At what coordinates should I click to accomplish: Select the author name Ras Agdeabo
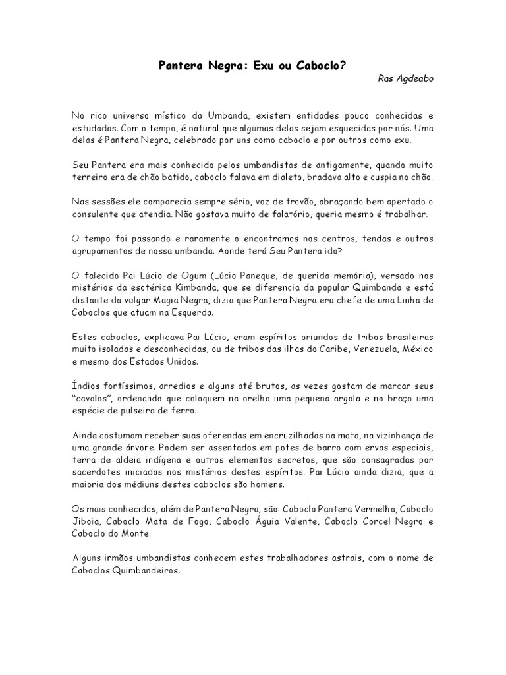406,78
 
